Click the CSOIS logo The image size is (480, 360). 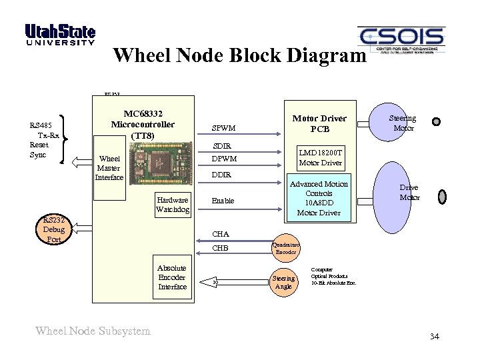[401, 40]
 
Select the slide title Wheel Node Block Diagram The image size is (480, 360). [240, 55]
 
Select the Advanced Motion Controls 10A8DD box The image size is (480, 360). [319, 198]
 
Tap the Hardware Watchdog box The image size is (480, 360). [173, 205]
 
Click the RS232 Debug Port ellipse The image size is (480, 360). [53, 229]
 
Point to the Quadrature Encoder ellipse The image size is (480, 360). [286, 248]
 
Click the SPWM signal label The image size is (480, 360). [223, 128]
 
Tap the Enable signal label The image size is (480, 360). [223, 201]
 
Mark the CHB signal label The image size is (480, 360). [220, 248]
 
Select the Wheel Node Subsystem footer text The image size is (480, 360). [93, 331]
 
